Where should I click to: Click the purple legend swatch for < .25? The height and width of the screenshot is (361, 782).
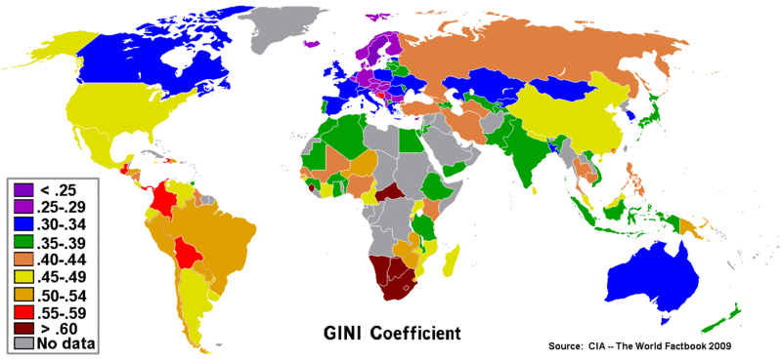tap(22, 188)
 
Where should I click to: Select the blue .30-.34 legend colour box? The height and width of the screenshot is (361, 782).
tap(22, 222)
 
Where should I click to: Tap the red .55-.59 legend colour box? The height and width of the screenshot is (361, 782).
tap(22, 309)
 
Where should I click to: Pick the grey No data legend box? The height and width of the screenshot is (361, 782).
tap(22, 343)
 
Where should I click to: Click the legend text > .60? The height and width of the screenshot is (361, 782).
tap(58, 327)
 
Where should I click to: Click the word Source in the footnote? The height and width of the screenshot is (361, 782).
tap(566, 346)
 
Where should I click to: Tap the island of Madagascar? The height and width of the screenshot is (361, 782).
tap(452, 261)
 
